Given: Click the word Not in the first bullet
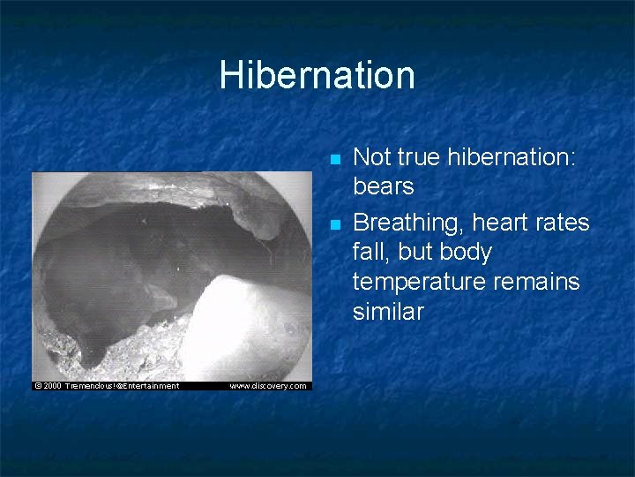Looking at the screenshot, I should coord(371,156).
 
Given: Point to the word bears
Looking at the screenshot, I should coord(384,186).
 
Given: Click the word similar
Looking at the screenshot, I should coord(388,312).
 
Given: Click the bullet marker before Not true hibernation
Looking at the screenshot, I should coord(333,160).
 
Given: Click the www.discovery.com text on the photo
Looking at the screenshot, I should coord(268,385).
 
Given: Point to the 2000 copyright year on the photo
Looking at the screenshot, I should coord(53,385).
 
